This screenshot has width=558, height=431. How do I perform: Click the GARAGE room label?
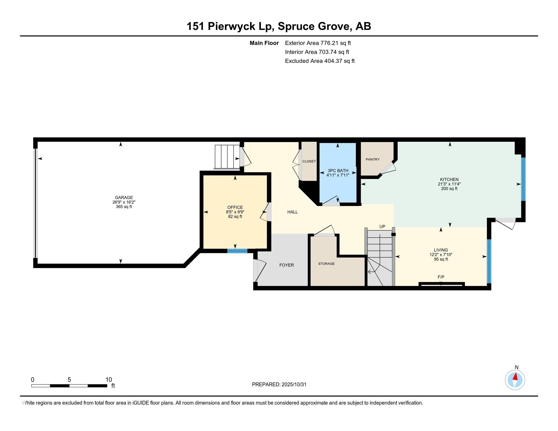124,197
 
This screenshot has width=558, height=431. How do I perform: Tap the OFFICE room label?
235,207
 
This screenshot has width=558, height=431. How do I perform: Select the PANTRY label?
373,159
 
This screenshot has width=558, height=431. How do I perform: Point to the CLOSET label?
309,161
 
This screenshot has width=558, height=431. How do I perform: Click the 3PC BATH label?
338,171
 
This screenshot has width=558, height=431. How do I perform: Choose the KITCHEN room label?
449,179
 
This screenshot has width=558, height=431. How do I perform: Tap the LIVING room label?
441,250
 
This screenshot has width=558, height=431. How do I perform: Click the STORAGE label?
326,263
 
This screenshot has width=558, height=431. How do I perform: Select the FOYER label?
286,265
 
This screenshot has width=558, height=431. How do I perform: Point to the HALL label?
292,212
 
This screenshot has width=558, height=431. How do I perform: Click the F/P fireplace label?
441,277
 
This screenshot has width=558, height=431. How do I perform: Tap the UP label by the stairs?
382,226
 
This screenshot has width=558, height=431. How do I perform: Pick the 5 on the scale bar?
69,380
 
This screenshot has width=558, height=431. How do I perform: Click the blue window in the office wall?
237,251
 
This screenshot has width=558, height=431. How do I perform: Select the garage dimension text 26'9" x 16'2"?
124,202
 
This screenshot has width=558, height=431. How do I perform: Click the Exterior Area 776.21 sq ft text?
318,43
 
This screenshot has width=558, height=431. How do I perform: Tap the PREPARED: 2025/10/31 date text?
279,384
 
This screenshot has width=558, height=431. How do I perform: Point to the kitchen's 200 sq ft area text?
449,189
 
